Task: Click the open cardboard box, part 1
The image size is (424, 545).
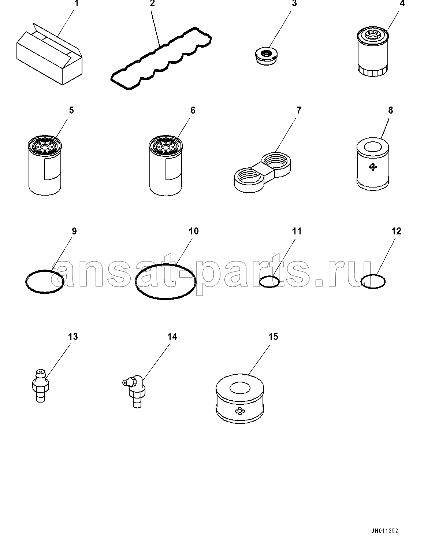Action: [49, 54]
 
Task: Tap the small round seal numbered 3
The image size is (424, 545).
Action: [267, 57]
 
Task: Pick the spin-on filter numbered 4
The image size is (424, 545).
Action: [373, 52]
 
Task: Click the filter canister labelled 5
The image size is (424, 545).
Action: [44, 166]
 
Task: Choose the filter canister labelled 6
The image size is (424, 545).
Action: [166, 166]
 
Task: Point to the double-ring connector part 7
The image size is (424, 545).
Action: [263, 172]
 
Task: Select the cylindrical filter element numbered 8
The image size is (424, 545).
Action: [373, 164]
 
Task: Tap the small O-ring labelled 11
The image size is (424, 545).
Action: [269, 277]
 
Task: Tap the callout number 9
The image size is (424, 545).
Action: [74, 231]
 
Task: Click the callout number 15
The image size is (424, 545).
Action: [273, 337]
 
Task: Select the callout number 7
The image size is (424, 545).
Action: [299, 110]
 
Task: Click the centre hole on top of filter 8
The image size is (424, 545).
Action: [373, 147]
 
